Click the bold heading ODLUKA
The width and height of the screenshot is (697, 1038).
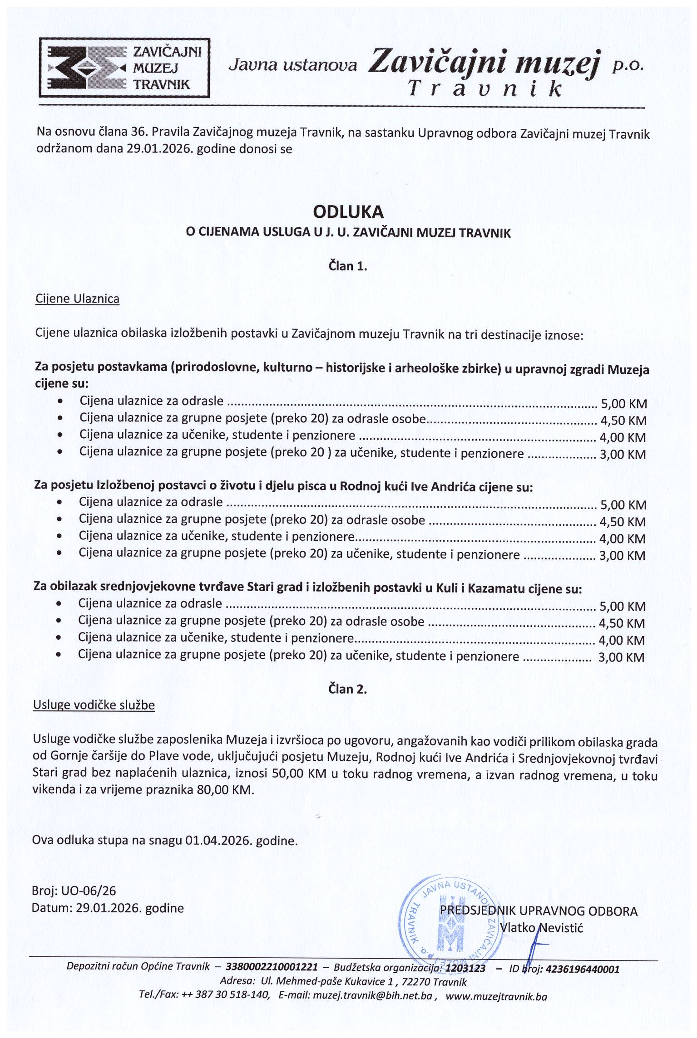[348, 212]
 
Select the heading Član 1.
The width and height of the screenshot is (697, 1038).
[348, 266]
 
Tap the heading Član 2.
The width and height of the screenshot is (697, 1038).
[348, 689]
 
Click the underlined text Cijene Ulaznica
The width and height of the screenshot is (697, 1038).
[77, 299]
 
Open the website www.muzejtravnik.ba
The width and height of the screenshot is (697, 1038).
[496, 996]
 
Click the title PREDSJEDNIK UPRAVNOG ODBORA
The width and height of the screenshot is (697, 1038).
[539, 911]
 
